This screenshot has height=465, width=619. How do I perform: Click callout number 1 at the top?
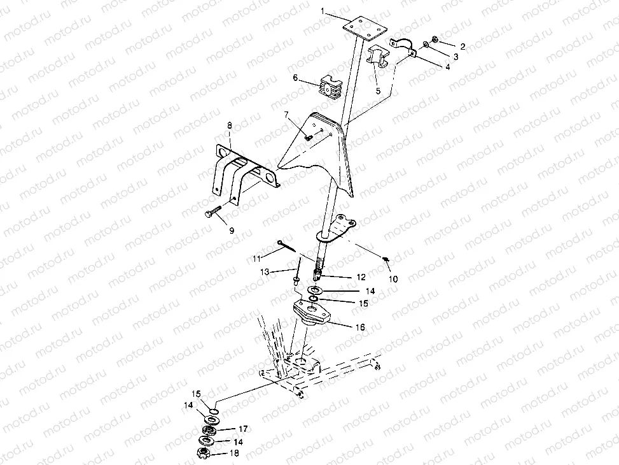click(x=323, y=11)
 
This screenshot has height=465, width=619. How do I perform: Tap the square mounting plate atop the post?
click(x=364, y=28)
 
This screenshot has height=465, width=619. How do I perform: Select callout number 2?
click(x=463, y=46)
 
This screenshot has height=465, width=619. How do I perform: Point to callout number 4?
click(x=447, y=68)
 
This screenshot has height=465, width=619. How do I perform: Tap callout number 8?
click(x=229, y=126)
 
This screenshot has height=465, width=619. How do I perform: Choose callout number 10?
click(x=393, y=279)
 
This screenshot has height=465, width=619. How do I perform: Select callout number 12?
click(x=361, y=277)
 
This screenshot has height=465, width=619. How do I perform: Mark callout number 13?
click(x=265, y=272)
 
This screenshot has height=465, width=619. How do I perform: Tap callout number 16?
click(x=360, y=327)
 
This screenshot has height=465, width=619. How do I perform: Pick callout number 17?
click(x=243, y=429)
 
